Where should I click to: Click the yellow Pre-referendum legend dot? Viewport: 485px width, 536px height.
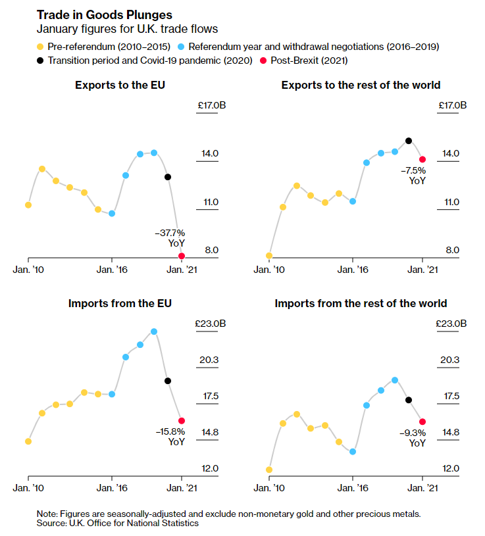click(x=41, y=47)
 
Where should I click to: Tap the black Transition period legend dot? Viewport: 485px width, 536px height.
click(x=41, y=60)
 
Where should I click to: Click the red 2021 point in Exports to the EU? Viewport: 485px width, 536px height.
click(x=182, y=256)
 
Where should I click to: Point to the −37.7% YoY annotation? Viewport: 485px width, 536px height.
click(x=170, y=237)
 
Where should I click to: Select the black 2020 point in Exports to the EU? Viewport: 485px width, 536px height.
click(x=168, y=177)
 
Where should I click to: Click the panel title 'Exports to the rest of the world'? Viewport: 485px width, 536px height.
click(x=361, y=85)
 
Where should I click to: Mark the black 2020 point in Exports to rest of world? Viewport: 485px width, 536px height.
click(x=409, y=141)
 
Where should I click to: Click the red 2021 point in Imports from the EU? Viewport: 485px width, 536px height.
click(x=182, y=420)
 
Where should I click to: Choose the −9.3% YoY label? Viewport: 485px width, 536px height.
click(x=413, y=438)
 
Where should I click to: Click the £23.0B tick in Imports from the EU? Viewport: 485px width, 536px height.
click(x=211, y=324)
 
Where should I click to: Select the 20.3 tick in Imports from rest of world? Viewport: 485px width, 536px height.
click(x=449, y=360)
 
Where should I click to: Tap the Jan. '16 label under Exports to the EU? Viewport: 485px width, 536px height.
click(x=113, y=269)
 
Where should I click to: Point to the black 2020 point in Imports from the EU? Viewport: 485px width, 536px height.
click(x=168, y=381)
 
